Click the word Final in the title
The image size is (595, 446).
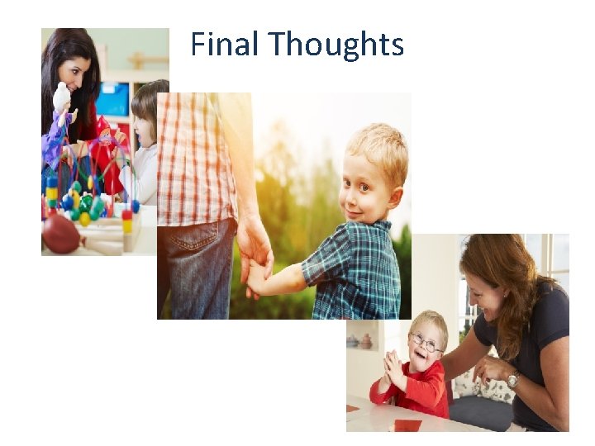coord(224,44)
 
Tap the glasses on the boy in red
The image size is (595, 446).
coord(425,342)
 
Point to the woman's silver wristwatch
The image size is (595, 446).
coord(513,380)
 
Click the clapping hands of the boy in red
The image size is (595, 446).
coord(394,368)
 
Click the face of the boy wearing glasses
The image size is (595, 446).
coord(426,348)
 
